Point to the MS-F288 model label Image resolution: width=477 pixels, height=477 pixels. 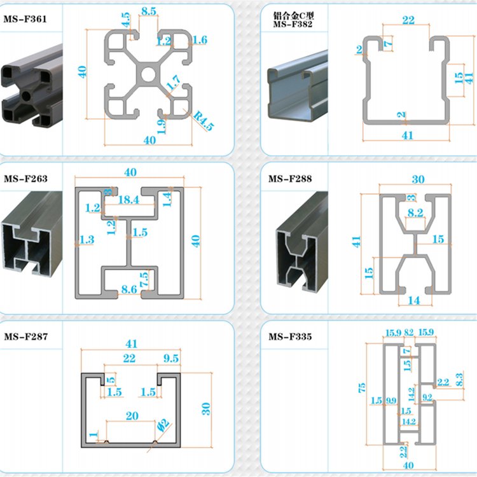289,179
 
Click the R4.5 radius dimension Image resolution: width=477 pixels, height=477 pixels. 204,120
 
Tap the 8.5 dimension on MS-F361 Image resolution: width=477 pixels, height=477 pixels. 149,11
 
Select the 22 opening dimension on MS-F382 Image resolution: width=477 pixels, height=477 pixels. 408,20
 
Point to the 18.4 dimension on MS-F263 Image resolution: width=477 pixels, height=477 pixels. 128,200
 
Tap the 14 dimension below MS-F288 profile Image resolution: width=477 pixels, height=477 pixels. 413,300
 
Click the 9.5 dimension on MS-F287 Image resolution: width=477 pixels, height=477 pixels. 170,358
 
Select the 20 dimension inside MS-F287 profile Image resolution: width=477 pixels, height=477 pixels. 132,417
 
